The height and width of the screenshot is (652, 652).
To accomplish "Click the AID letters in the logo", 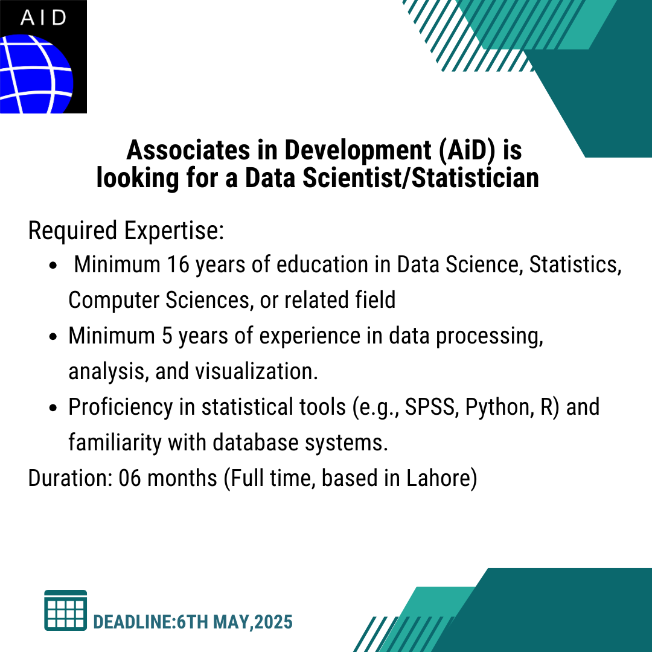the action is [x=43, y=18].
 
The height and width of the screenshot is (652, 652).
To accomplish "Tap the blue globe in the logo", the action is [x=36, y=74].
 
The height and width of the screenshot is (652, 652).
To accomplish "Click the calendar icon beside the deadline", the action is [x=66, y=610].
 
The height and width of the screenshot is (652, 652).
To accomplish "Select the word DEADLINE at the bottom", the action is [x=133, y=622].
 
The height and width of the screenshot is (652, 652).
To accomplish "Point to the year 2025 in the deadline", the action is [x=273, y=622].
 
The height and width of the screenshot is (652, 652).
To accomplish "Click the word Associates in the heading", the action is [x=188, y=150].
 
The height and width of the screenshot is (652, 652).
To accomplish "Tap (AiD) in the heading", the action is [x=467, y=150].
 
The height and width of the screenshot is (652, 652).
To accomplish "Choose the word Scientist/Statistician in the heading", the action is [x=421, y=178].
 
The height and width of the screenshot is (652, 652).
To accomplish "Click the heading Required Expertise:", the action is [x=126, y=231].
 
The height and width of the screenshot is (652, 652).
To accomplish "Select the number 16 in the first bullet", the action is [x=178, y=264].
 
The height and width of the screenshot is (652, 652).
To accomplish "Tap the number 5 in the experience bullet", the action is [x=167, y=336].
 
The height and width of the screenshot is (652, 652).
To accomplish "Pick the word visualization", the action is [x=257, y=371].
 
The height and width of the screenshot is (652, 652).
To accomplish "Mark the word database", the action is [x=256, y=443].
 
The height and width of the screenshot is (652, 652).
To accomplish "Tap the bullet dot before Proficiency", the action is [x=53, y=408].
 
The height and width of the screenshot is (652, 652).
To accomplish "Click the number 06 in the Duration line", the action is [x=130, y=478].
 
